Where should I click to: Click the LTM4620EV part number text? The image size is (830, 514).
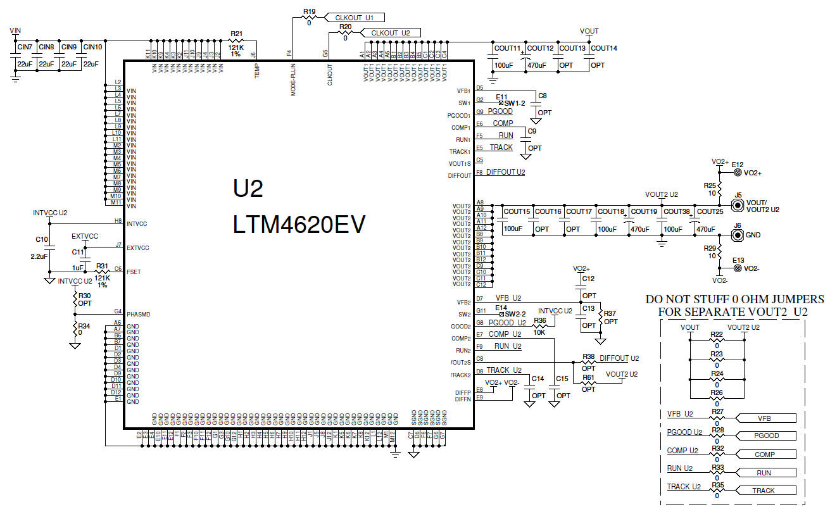299,225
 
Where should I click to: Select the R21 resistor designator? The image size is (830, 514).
236,34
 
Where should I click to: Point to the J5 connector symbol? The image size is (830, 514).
738,205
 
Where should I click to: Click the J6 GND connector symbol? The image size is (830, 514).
738,235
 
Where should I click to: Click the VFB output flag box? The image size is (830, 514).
765,418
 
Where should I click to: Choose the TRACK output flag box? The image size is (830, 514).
764,491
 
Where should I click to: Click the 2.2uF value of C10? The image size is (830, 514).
39,257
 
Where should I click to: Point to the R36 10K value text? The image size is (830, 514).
539,332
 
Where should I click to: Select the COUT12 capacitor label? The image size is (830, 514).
540,48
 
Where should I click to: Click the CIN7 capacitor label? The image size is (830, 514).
25,47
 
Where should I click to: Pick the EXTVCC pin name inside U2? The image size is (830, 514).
138,248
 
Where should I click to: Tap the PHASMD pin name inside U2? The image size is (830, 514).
139,315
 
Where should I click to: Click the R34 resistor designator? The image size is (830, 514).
84,326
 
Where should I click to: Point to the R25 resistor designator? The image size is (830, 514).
710,185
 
